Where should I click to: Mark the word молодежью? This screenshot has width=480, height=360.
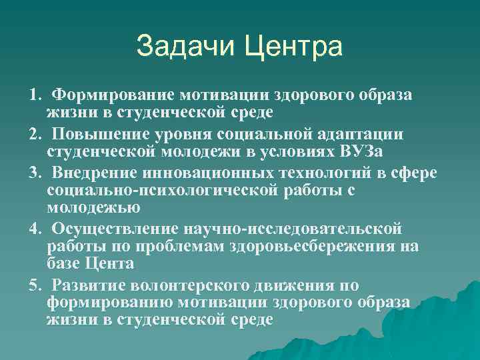pyautogui.click(x=93, y=207)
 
